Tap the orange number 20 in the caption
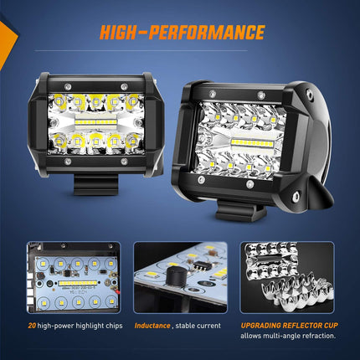click(x=30, y=322)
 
